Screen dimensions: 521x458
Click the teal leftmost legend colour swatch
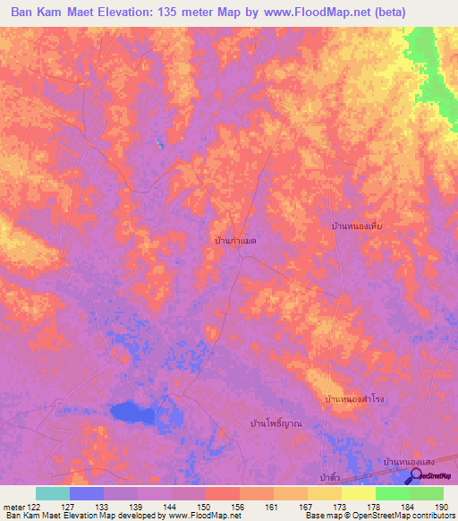click(x=53, y=493)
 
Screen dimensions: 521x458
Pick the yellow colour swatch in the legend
click(x=358, y=493)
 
